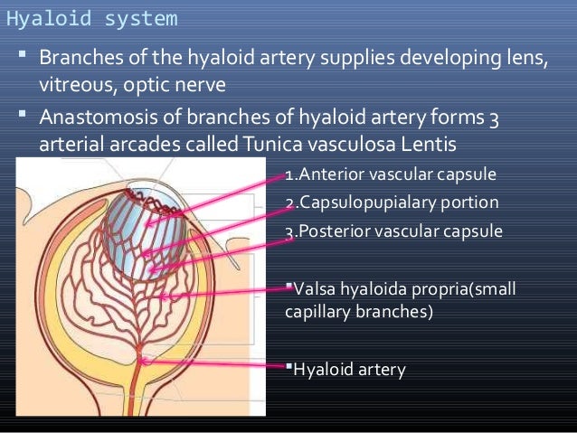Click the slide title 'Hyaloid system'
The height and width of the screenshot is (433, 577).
pos(91,17)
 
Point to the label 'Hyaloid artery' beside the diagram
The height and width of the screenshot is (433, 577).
pos(348,369)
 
